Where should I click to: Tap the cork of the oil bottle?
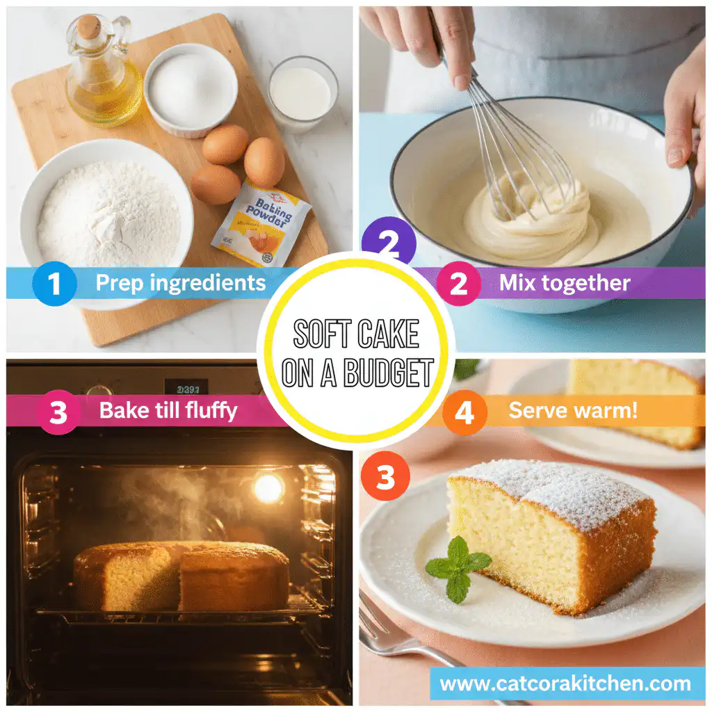[89, 27]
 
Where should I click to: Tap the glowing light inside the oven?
[268, 488]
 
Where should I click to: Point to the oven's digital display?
[186, 387]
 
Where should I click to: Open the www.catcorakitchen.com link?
[566, 683]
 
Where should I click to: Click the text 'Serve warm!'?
[573, 410]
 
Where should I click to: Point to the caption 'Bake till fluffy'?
[168, 410]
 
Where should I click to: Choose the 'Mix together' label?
[564, 283]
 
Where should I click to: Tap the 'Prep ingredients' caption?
[180, 283]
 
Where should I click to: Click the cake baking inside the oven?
[181, 575]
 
